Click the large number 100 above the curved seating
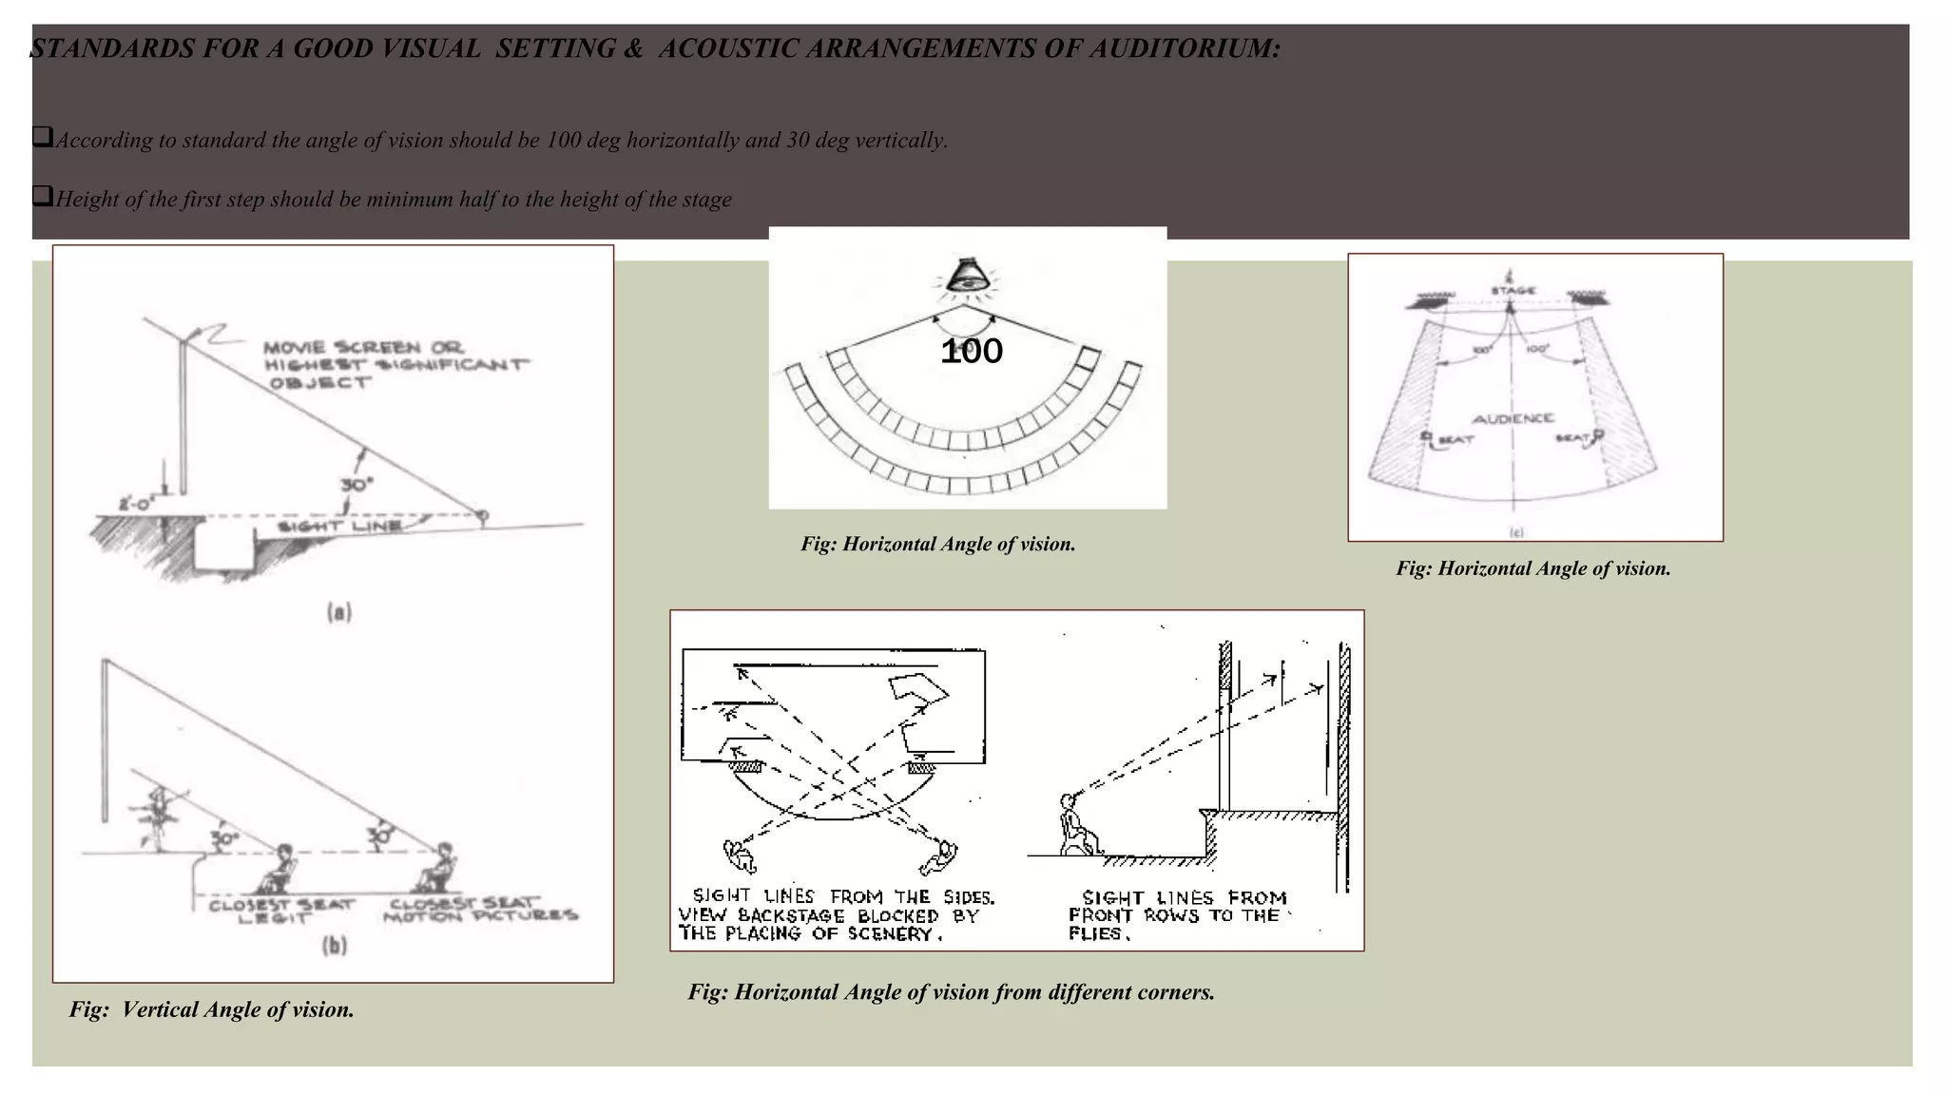pos(971,352)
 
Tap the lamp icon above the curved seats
pos(967,277)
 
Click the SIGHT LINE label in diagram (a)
pos(338,527)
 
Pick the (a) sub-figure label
pos(339,612)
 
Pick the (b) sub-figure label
pos(335,946)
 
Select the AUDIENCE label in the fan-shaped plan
pos(1513,418)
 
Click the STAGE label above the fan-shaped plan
pos(1513,290)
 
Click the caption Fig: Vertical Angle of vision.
pos(211,1009)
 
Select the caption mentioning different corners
pos(951,992)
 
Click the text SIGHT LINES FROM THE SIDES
pos(843,896)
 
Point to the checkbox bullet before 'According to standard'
pos(42,138)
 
